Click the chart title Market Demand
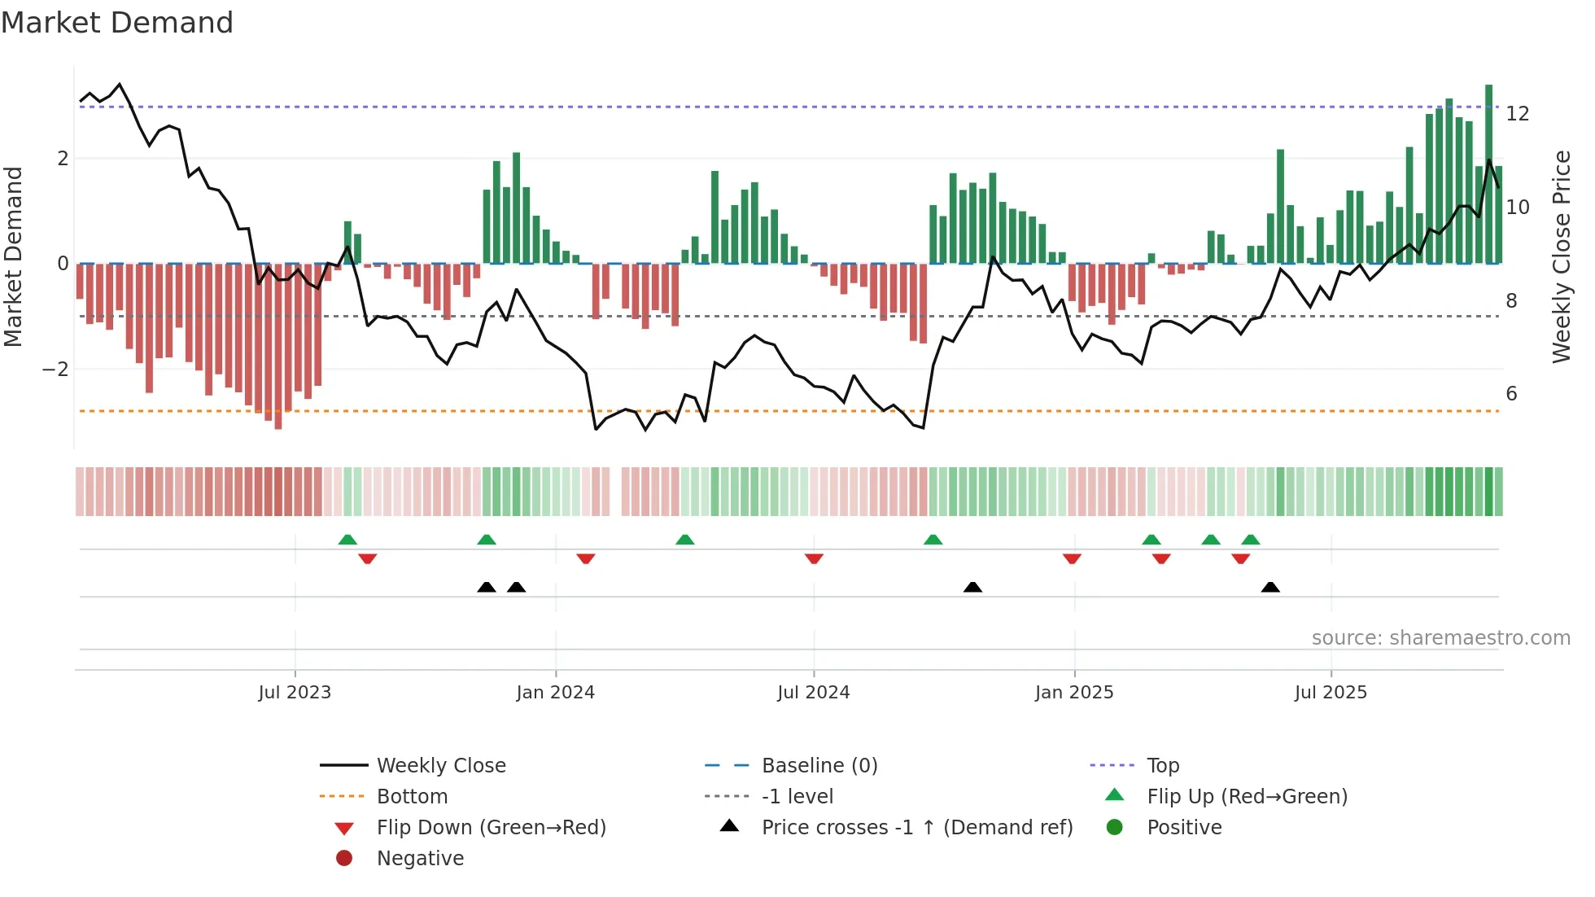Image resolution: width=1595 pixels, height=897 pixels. tap(117, 23)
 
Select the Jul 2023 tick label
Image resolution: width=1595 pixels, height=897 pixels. tap(295, 693)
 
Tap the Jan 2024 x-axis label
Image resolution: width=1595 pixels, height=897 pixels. tap(555, 693)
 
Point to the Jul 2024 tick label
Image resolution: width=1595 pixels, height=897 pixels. tap(813, 693)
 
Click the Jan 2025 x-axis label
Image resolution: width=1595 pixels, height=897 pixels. tap(1074, 693)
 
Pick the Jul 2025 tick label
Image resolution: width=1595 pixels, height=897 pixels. tap(1331, 693)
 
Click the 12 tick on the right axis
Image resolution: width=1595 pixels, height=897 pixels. tap(1517, 114)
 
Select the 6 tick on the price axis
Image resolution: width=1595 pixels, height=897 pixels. tap(1511, 394)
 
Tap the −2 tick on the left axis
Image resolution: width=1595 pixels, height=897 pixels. tap(55, 370)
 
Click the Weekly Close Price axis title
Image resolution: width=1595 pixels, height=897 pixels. tap(1561, 256)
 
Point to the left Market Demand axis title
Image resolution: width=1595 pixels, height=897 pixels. tap(13, 256)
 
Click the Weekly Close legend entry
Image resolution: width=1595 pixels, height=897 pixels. tap(440, 766)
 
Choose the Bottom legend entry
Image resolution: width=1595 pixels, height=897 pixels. tap(412, 797)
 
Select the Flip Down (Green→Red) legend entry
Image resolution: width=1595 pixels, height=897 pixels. tap(491, 828)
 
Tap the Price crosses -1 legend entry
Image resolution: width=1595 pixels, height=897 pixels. tap(916, 828)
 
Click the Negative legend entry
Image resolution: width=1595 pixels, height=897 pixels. tap(420, 859)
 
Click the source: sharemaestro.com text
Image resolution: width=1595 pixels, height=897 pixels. tap(1440, 638)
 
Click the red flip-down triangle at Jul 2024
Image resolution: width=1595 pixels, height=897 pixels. tap(814, 558)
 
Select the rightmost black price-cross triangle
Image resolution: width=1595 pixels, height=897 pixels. tap(1270, 587)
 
